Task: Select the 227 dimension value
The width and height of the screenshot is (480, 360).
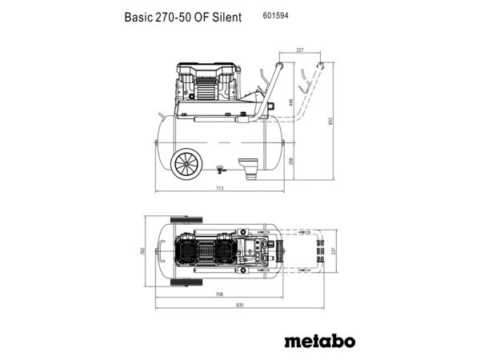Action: [x=300, y=50]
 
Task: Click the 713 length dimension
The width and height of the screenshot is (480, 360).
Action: [x=219, y=188]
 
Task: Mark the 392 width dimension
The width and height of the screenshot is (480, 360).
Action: [x=144, y=250]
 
